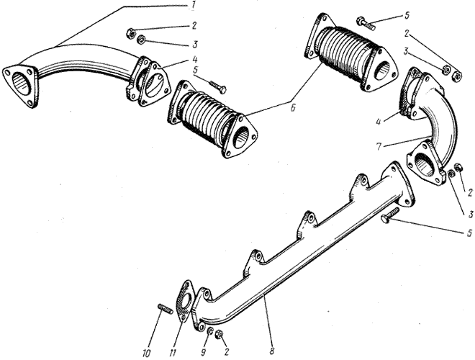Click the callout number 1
click(192, 6)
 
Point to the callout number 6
click(293, 107)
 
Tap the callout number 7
click(379, 147)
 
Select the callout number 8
click(271, 351)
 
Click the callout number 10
click(146, 353)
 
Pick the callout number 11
click(173, 353)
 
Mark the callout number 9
click(204, 352)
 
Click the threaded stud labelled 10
click(166, 309)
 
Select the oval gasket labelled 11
click(184, 301)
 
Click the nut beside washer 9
click(218, 334)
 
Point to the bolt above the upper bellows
click(366, 24)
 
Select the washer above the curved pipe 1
click(141, 40)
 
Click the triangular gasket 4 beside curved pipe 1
click(153, 85)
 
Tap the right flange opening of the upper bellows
click(383, 71)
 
